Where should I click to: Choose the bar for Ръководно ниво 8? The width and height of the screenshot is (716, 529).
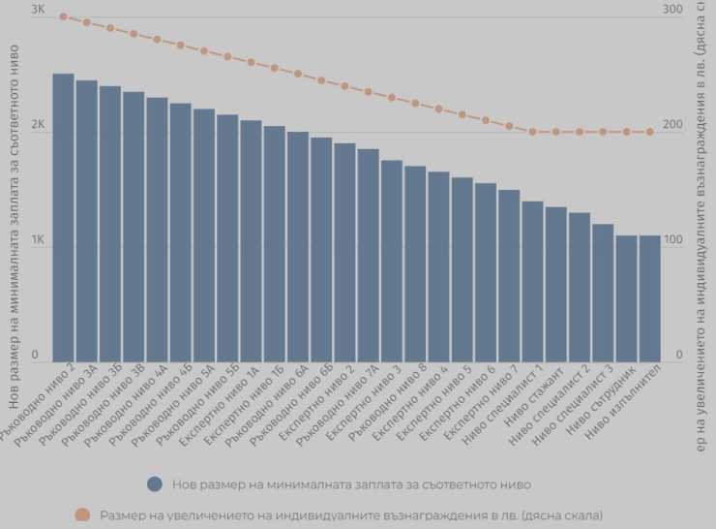415,263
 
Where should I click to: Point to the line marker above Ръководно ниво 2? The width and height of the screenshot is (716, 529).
63,16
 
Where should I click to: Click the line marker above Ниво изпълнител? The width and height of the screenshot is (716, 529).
649,132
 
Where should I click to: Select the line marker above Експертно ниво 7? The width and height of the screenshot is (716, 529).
509,126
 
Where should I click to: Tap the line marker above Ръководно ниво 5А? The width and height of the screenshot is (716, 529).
204,50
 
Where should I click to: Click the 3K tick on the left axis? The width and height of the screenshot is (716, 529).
38,10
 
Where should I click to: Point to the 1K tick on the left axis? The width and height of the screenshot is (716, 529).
38,239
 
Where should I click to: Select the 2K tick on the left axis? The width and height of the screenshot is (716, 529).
38,125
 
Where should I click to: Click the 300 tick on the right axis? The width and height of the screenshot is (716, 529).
672,10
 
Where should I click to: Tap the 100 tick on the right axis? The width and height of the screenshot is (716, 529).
672,239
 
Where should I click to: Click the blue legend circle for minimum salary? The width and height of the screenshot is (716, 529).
154,484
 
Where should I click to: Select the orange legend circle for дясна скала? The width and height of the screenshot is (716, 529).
82,515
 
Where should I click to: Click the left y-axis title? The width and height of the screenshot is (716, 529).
13,233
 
